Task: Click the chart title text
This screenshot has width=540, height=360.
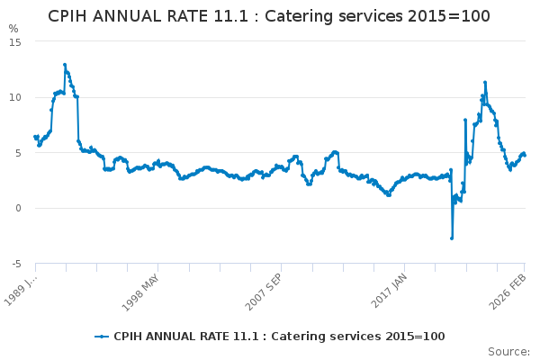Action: click(x=269, y=16)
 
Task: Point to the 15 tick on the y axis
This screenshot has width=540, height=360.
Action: click(x=15, y=41)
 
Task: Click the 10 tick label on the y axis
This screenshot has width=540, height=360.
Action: click(x=15, y=97)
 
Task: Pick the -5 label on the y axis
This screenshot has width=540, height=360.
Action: click(x=16, y=265)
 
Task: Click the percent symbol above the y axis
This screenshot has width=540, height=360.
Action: click(x=13, y=29)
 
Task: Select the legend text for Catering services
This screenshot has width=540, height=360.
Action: click(x=279, y=337)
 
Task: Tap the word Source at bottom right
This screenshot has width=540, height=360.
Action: click(x=508, y=352)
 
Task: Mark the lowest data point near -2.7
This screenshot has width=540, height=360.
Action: click(x=452, y=238)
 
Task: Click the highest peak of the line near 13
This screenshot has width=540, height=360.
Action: click(x=65, y=65)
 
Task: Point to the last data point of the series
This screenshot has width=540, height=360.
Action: click(x=525, y=155)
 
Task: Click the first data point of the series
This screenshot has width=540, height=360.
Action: click(x=35, y=137)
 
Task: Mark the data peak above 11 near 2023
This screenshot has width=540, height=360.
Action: click(x=485, y=83)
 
